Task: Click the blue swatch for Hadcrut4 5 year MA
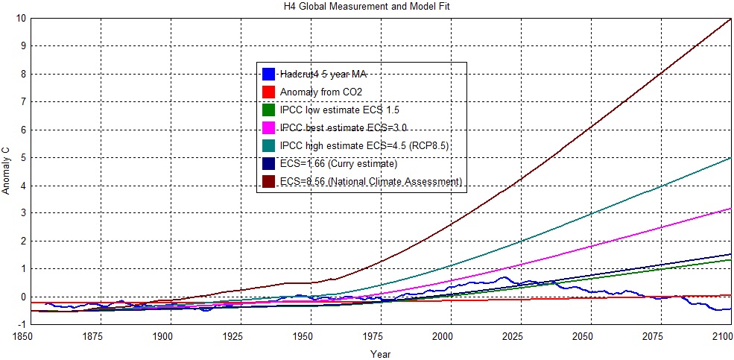tap(269, 74)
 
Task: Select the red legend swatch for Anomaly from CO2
tap(269, 92)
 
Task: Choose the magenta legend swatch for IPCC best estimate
tap(269, 127)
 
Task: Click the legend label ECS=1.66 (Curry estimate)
tap(337, 164)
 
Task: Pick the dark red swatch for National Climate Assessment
tap(269, 182)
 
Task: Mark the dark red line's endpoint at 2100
tap(731, 18)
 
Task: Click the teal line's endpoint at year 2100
tap(731, 157)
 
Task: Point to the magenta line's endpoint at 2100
tap(731, 209)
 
